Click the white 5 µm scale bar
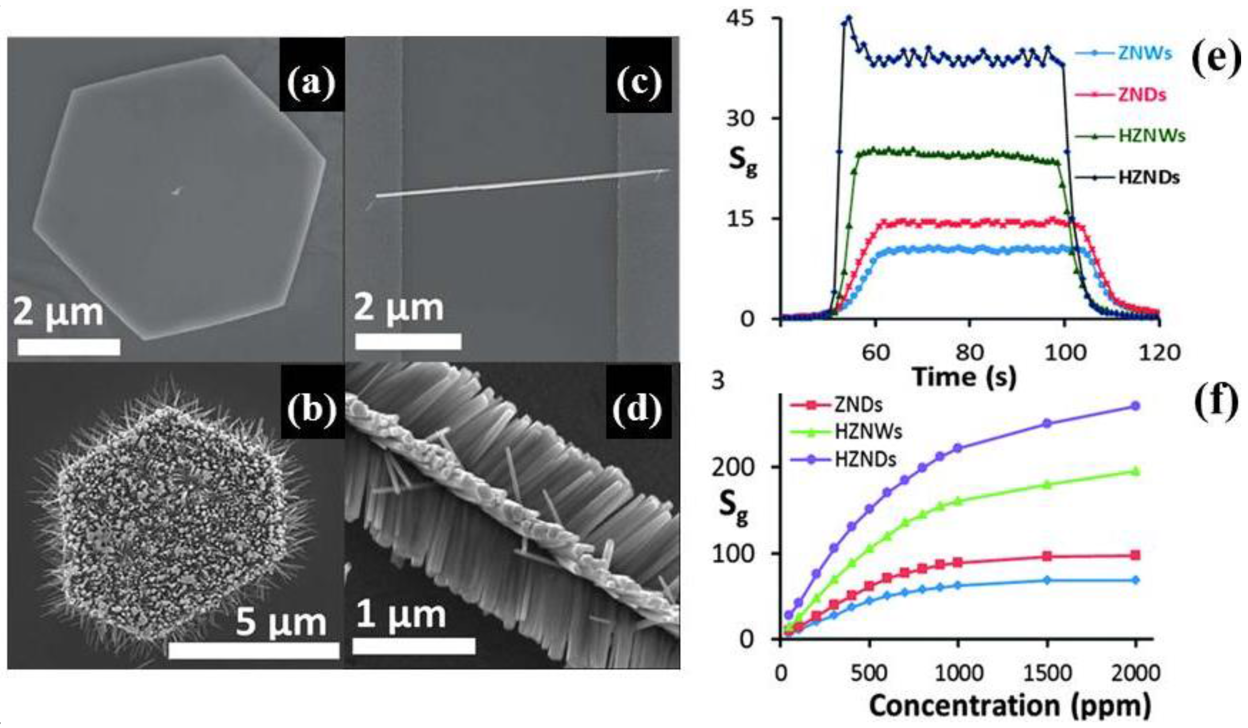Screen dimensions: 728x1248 pyautogui.click(x=253, y=651)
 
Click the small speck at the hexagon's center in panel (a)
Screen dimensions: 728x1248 pyautogui.click(x=177, y=191)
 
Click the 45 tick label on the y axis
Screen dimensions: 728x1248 pyautogui.click(x=741, y=20)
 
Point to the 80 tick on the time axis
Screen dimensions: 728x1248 pyautogui.click(x=969, y=352)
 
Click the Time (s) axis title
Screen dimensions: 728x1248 pyautogui.click(x=964, y=377)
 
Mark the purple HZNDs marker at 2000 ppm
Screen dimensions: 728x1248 pyautogui.click(x=1136, y=406)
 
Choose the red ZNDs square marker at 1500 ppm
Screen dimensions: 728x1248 pyautogui.click(x=1047, y=556)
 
